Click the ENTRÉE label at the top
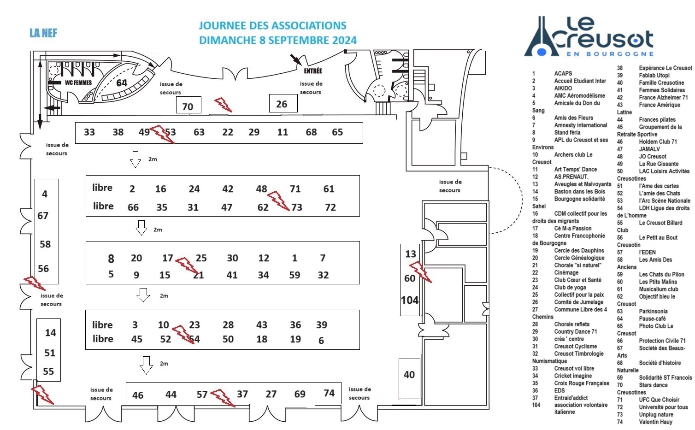[x=312, y=71]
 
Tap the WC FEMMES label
[x=78, y=83]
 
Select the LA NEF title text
[x=43, y=33]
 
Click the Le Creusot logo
[x=589, y=36]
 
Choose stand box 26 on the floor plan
[x=283, y=104]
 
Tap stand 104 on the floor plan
[x=410, y=300]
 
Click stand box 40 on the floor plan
[x=409, y=375]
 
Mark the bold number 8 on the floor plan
[x=111, y=259]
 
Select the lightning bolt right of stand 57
[x=223, y=398]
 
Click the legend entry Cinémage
[x=566, y=272]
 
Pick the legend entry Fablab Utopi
[x=654, y=75]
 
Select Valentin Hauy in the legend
[x=655, y=422]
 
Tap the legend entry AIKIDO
[x=563, y=88]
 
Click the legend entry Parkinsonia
[x=653, y=311]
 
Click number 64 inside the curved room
[x=122, y=83]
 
